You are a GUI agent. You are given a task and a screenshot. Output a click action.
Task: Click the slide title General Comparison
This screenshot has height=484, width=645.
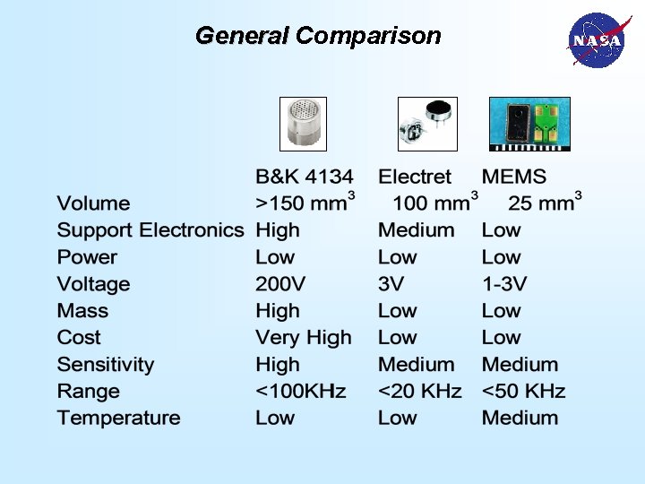point(318,36)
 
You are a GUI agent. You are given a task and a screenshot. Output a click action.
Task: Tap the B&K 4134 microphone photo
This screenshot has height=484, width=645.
point(303,123)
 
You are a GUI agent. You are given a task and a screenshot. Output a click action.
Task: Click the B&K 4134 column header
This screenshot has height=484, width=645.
point(305,177)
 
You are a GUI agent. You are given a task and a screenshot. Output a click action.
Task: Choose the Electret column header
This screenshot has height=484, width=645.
point(414,177)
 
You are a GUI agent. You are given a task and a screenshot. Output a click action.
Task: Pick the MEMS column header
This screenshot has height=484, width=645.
point(513,177)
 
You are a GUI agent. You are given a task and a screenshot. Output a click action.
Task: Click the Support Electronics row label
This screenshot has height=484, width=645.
point(150,230)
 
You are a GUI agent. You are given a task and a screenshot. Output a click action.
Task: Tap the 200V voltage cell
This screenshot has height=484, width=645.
point(280,284)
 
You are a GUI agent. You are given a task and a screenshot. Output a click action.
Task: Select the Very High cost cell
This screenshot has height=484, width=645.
point(303,338)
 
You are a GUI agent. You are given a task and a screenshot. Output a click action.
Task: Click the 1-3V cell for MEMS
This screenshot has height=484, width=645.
point(504,284)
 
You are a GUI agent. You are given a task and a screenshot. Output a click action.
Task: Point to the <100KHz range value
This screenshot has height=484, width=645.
point(300,392)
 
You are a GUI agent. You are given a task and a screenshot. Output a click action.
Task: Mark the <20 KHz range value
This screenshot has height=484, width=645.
point(419,392)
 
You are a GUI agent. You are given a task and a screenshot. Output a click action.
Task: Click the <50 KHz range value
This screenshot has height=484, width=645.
point(523,392)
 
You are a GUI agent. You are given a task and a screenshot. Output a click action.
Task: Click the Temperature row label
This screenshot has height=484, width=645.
point(118,419)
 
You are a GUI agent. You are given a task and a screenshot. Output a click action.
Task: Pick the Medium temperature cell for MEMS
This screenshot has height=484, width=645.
point(520,419)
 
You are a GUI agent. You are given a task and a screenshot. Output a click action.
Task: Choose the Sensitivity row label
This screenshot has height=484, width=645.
point(105,365)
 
